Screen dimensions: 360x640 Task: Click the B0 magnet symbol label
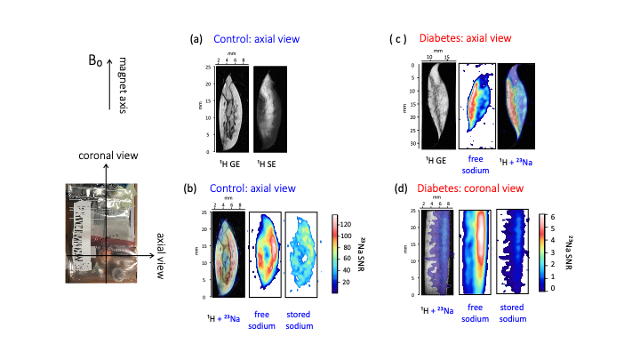click(x=94, y=64)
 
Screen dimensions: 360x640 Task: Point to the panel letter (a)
click(x=197, y=40)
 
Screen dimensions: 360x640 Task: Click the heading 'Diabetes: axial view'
click(x=464, y=38)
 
